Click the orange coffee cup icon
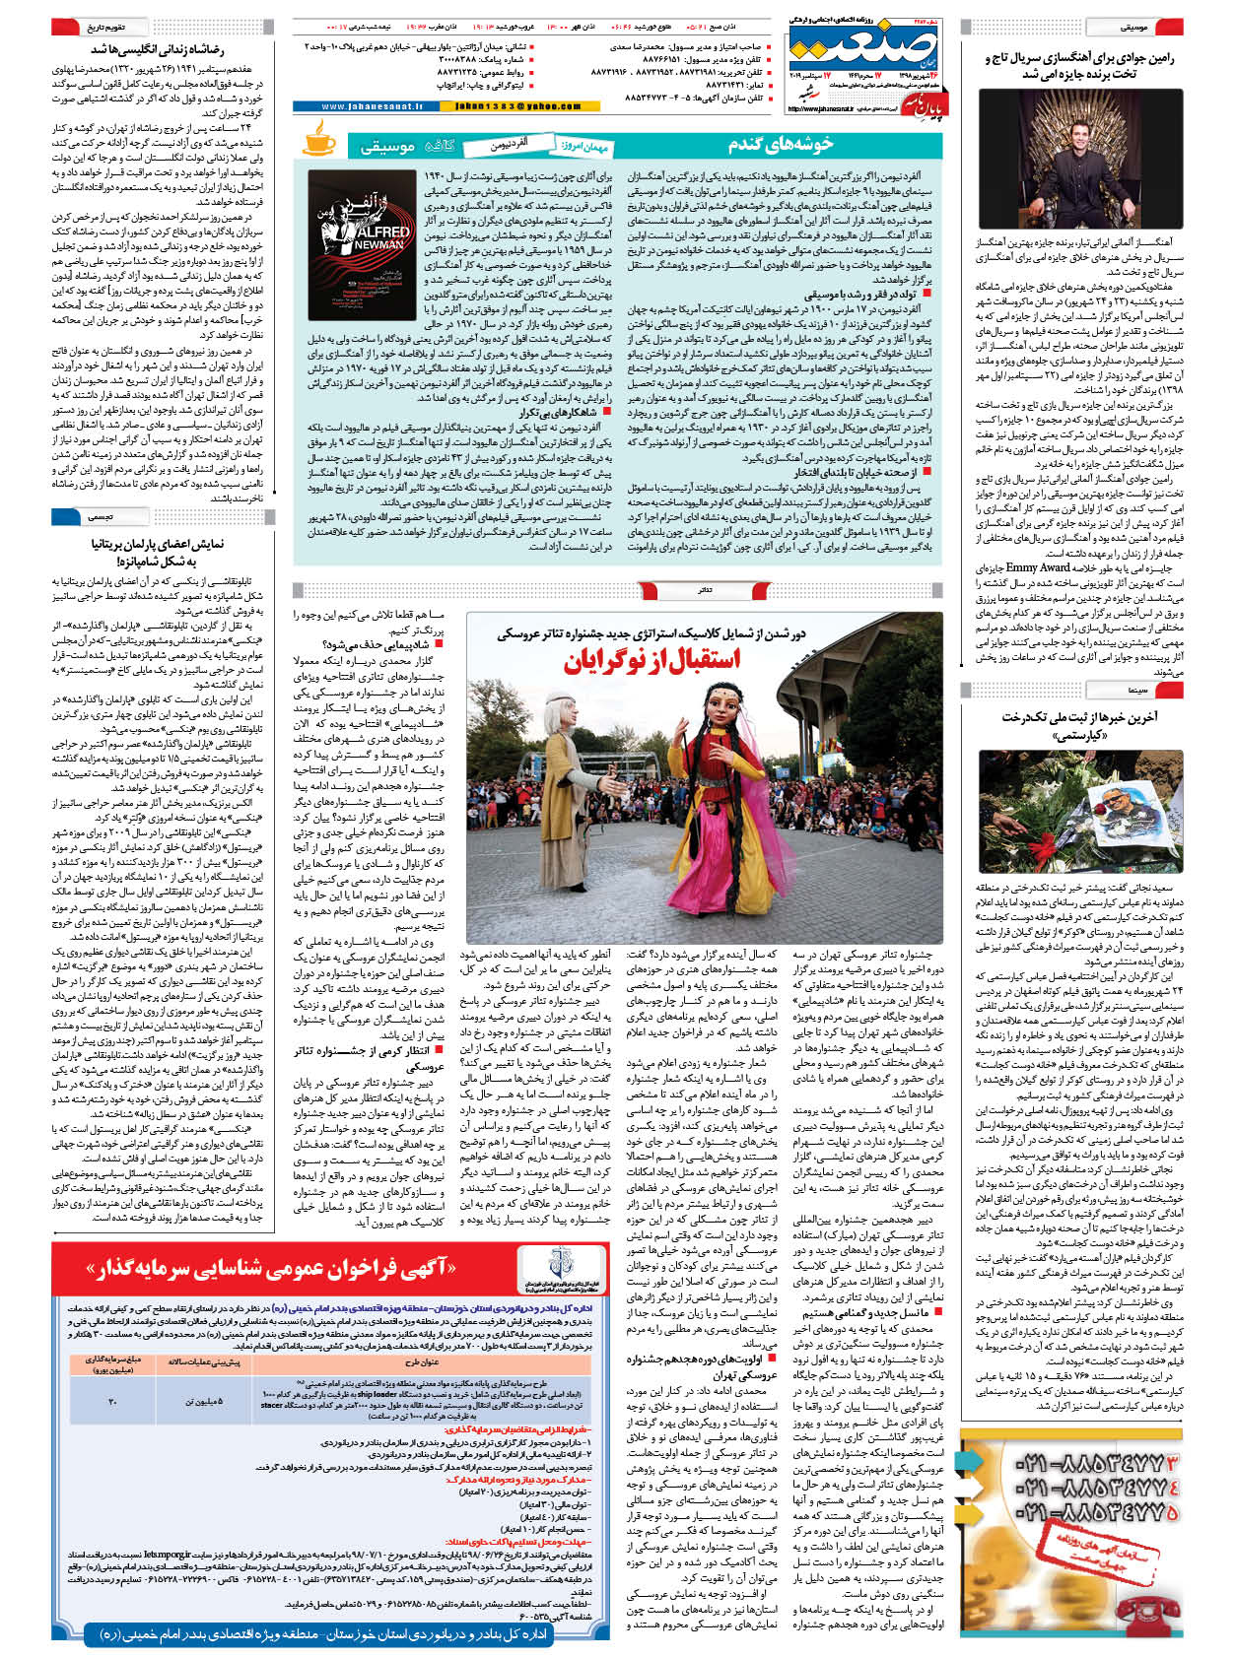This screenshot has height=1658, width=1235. pos(318,139)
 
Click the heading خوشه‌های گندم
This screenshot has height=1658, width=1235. pos(781,145)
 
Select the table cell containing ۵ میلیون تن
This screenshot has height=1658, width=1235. pos(203,1400)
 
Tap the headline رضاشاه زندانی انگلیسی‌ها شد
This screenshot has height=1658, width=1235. pos(158,48)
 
